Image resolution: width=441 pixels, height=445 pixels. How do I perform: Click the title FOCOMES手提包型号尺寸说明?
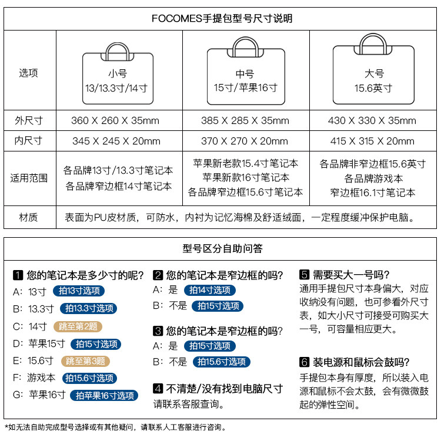click(222, 19)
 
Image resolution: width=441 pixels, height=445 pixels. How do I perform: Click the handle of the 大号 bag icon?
click(373, 42)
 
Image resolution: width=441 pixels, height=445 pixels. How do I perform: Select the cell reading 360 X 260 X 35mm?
click(115, 121)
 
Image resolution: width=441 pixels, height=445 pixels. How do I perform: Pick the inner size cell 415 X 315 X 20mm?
click(372, 141)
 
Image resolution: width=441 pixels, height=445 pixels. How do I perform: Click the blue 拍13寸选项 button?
click(79, 291)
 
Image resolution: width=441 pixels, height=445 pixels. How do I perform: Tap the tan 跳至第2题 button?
click(78, 326)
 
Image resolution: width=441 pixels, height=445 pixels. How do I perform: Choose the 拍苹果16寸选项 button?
click(104, 396)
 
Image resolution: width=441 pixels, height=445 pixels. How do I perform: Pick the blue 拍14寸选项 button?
click(209, 290)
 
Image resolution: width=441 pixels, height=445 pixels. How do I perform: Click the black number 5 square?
click(305, 274)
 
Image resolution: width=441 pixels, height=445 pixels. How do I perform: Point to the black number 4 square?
click(158, 388)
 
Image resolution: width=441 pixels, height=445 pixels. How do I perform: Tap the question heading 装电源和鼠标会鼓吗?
click(361, 362)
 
